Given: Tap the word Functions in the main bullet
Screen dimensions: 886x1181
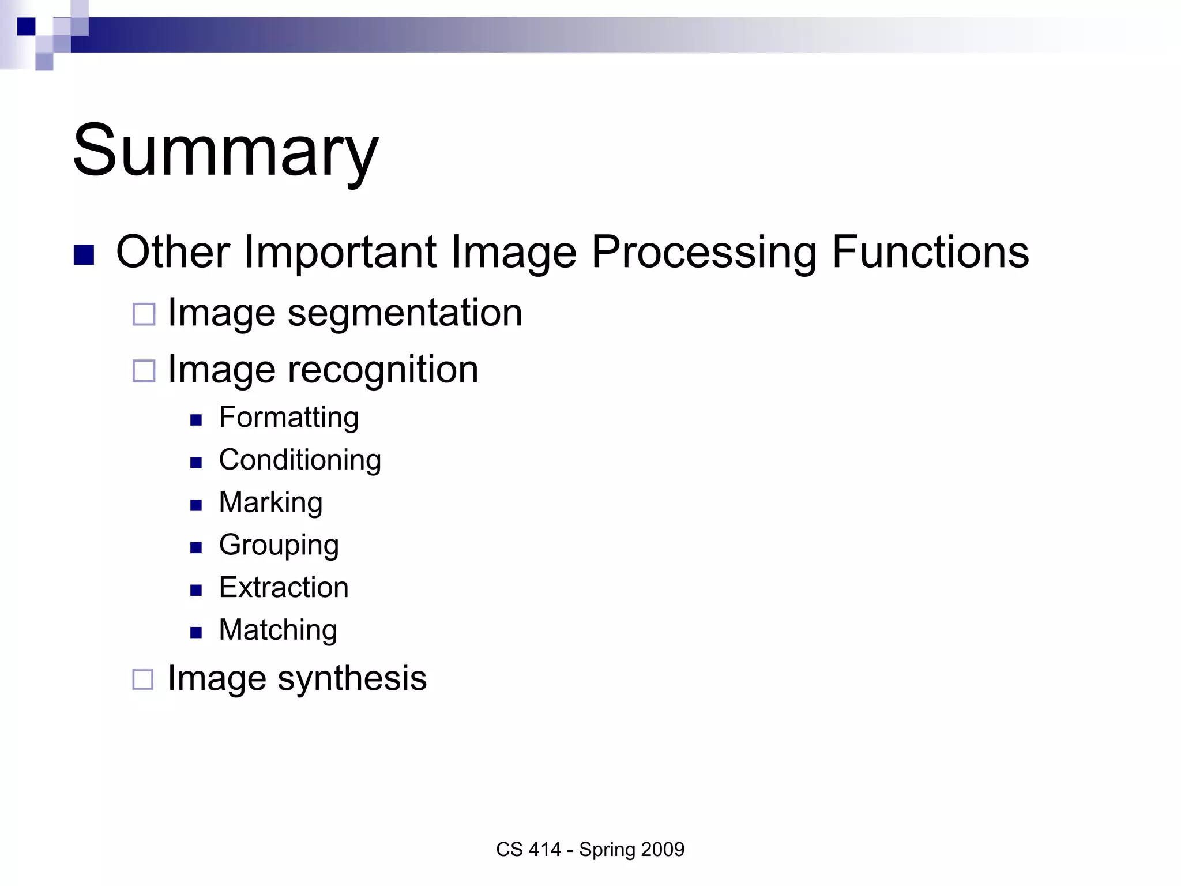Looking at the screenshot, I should pos(930,253).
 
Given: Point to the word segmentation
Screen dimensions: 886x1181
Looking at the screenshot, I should pos(404,314).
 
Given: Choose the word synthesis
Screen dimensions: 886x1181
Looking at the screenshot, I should pos(352,678).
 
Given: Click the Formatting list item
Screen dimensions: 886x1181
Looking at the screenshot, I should pos(288,418).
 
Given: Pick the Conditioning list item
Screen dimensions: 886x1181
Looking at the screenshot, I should pos(300,460).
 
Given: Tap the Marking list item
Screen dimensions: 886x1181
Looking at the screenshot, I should pos(270,502).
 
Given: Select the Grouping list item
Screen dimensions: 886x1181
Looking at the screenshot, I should pos(279,545).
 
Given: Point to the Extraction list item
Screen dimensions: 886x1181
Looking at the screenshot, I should pos(284,588).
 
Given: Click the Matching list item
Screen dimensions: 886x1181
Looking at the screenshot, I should pos(278,630).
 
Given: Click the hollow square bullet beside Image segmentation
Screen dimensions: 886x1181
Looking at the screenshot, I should pos(144,314).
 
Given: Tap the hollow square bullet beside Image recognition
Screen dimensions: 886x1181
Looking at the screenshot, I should pos(144,371).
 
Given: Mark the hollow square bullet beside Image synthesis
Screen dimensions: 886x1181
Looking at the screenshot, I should pos(143,679).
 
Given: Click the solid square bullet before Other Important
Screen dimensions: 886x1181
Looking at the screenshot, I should pos(84,255).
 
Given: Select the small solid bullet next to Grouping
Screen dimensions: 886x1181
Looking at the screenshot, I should pos(196,547).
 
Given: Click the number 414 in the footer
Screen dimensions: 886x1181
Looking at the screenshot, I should pos(544,850).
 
